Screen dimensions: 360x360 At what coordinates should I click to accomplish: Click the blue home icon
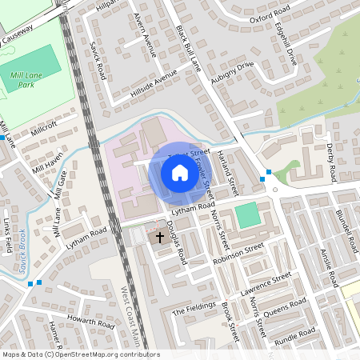180,172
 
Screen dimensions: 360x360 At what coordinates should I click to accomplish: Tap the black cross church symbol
158,237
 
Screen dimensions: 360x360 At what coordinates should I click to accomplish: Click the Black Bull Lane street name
188,49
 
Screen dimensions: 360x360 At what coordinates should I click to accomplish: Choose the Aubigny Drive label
232,72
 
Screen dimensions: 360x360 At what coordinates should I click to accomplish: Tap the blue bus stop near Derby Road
270,172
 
